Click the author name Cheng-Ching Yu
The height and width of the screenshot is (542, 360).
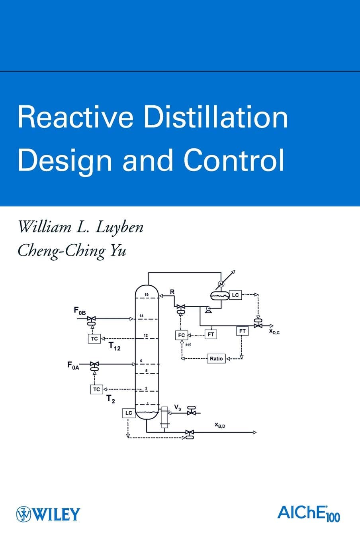72,250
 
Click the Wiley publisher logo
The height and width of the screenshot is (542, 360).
48,514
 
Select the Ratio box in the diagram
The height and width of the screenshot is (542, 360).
216,358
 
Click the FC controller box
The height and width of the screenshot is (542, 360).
181,335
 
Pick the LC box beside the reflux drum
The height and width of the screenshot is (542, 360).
235,295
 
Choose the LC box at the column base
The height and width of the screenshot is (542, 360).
128,413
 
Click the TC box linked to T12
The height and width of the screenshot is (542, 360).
94,338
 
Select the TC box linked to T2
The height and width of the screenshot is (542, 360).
96,389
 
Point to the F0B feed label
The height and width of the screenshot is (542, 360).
80,310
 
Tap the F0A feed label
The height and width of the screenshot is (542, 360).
73,365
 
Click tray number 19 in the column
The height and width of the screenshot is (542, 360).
147,295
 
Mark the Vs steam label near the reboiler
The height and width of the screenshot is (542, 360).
178,407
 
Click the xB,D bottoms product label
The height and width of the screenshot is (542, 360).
220,425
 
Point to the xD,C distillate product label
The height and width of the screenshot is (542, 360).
274,331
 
